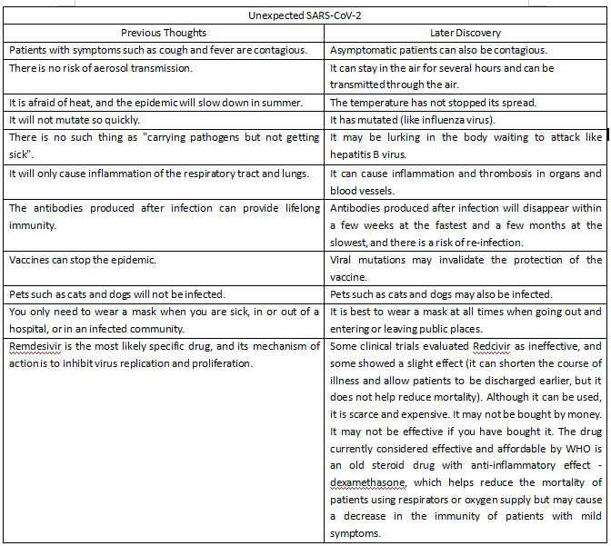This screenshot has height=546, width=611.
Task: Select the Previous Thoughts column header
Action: click(x=163, y=32)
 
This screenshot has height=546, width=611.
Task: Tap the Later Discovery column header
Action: click(x=465, y=32)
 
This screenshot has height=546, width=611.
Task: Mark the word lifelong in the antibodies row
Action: click(x=294, y=208)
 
